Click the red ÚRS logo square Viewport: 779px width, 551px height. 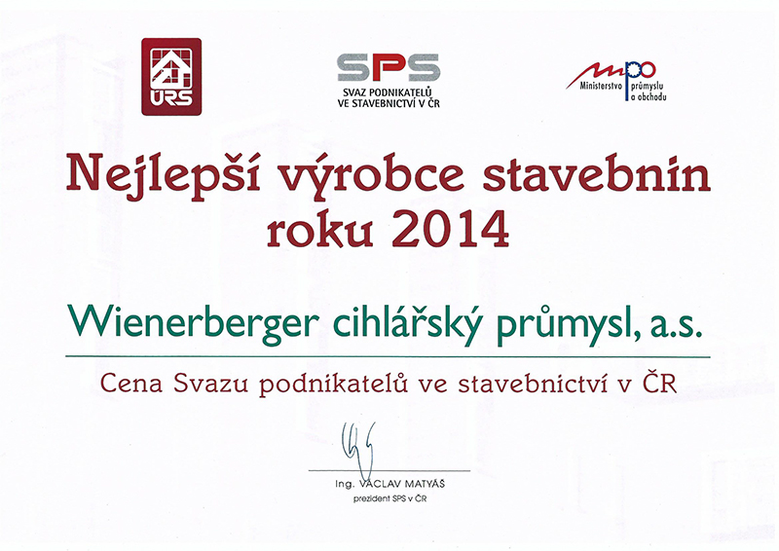coord(171,77)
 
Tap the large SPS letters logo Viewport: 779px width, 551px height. coord(389,67)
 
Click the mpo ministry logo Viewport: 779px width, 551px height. coord(616,81)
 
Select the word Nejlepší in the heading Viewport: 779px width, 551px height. coord(163,177)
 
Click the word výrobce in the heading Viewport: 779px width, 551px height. coord(371,177)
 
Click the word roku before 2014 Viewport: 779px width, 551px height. coord(320,230)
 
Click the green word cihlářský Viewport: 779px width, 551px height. coord(407,324)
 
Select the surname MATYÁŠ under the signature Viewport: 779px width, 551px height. coord(425,484)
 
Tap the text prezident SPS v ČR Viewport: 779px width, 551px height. coord(389,498)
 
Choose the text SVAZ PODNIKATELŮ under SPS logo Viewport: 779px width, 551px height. coord(388,92)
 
